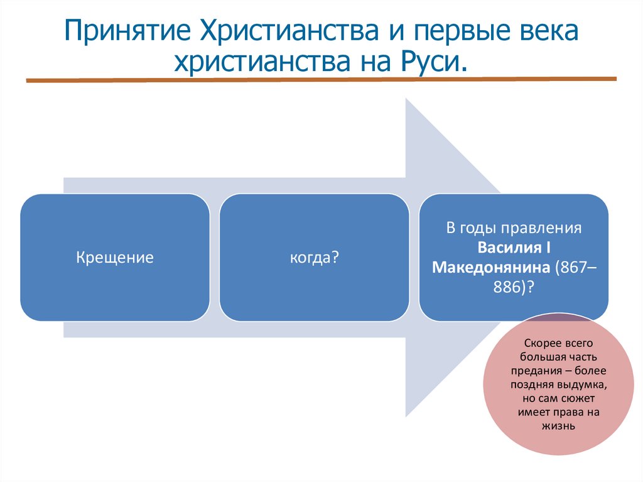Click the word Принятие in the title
[126, 31]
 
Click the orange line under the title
[320, 80]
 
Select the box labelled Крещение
[115, 258]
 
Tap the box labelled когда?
[314, 258]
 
